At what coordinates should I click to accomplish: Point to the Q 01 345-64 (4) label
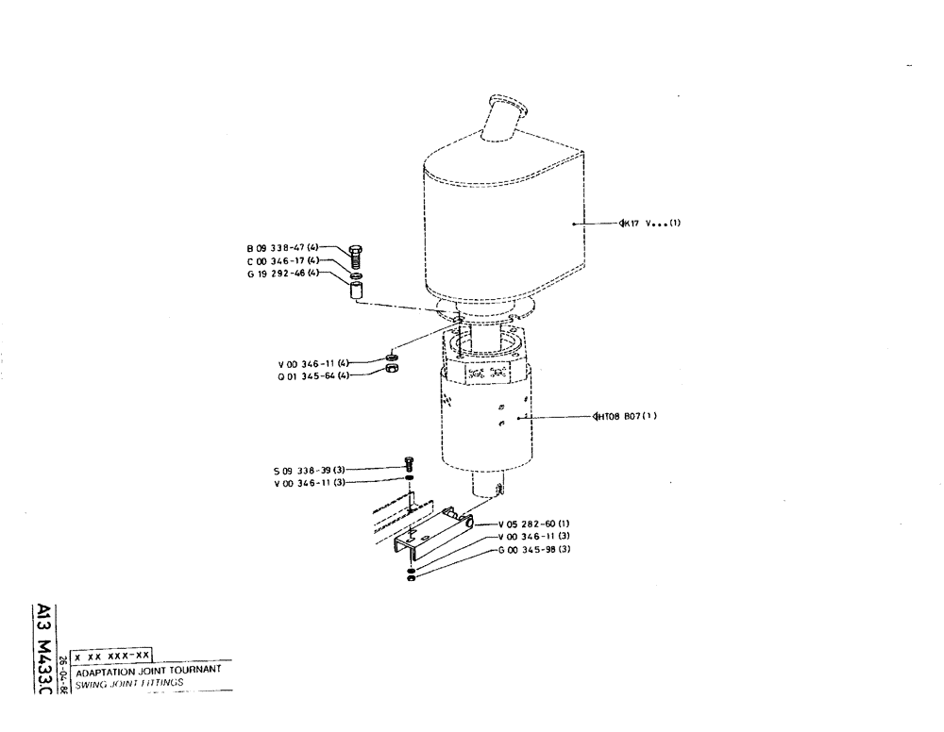pos(313,375)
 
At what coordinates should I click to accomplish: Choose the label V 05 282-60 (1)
pos(535,524)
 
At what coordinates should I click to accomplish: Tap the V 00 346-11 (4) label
pos(313,363)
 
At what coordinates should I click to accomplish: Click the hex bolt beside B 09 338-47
pos(356,254)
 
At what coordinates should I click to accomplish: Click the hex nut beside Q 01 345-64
pos(392,370)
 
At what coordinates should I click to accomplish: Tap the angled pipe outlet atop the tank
pos(501,117)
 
